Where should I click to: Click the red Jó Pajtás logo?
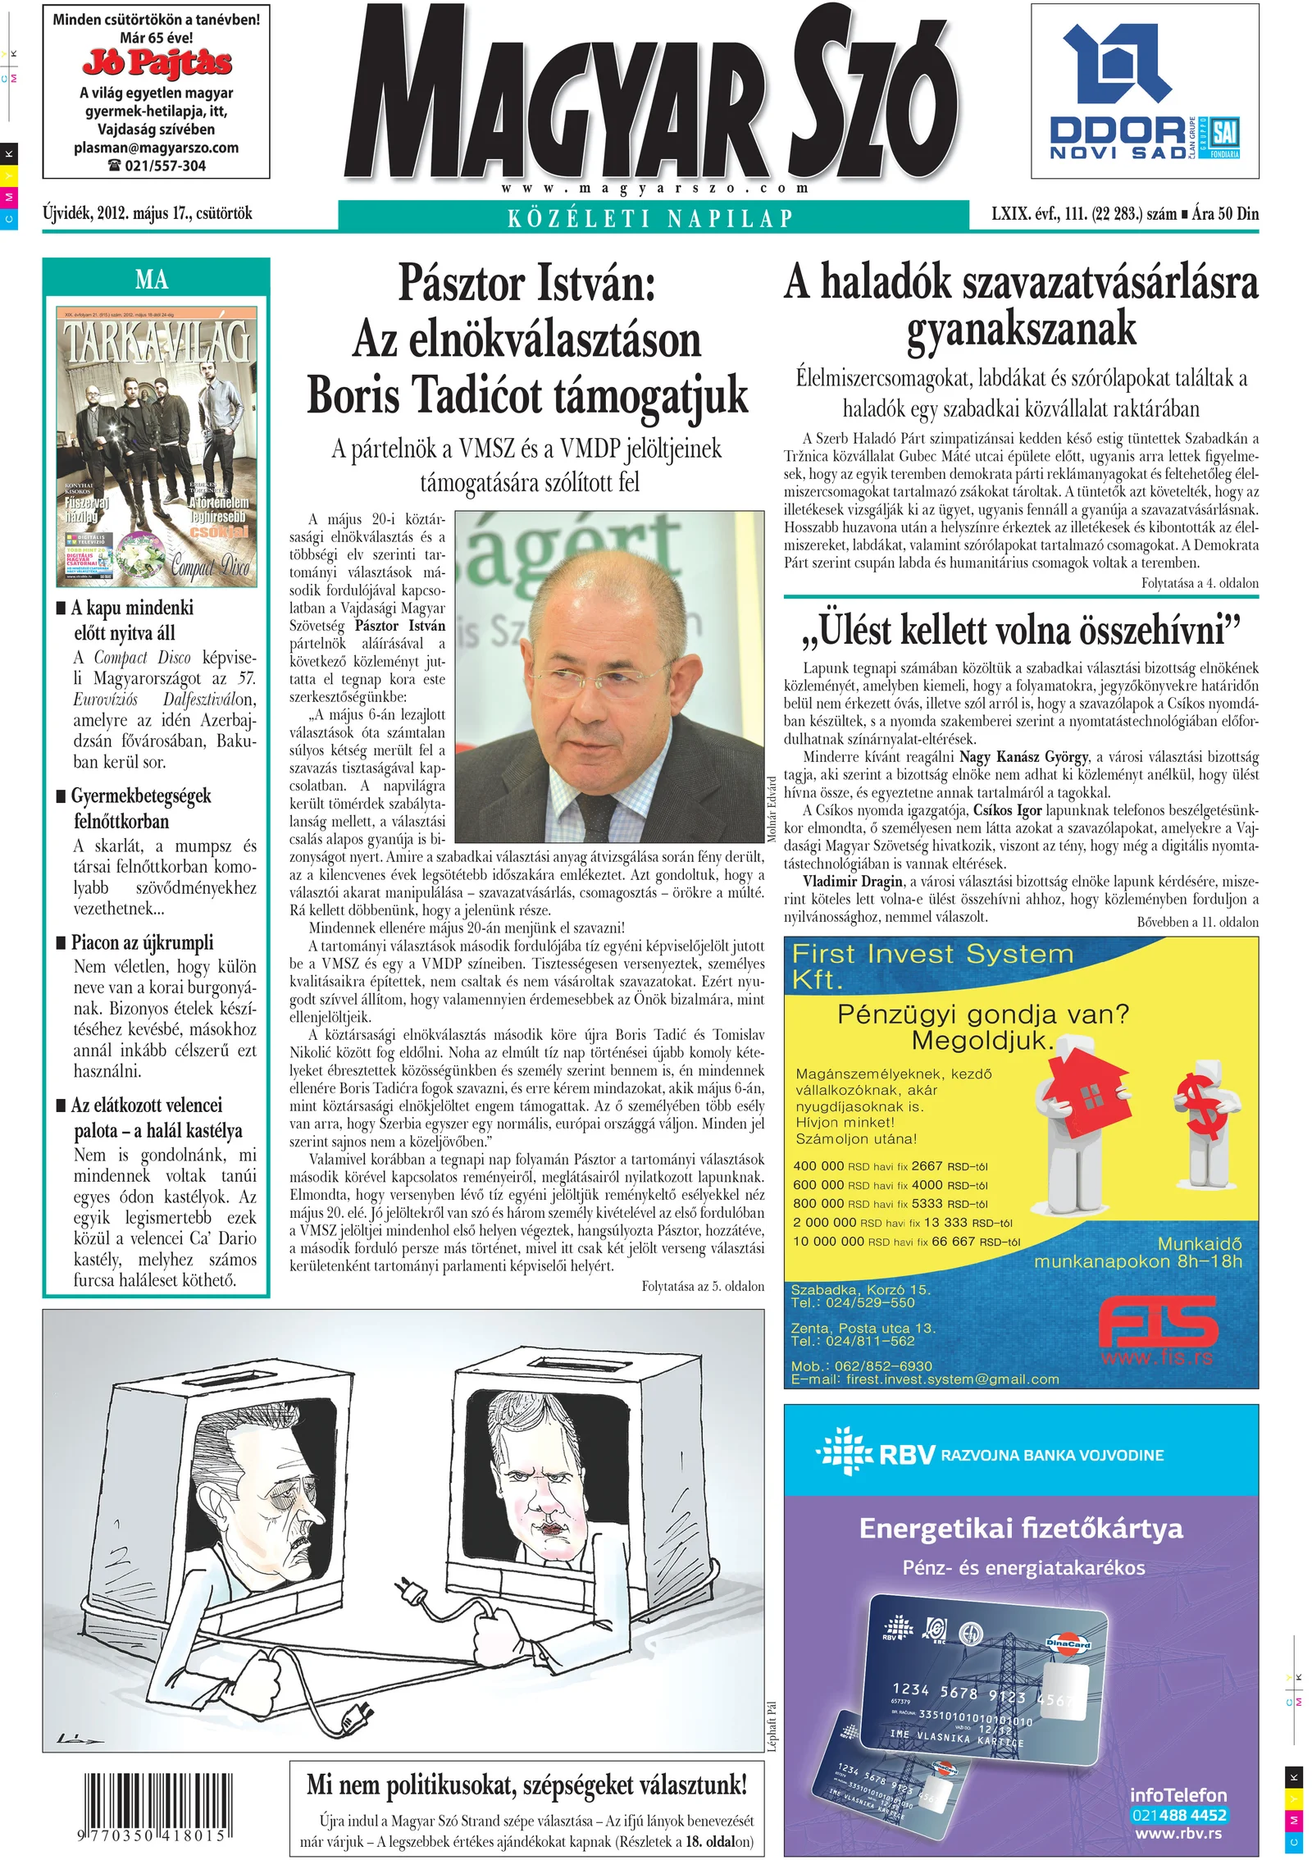point(157,62)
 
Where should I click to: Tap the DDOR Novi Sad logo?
point(1144,92)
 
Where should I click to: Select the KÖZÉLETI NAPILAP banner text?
point(652,218)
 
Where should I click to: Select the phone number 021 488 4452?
point(1178,1815)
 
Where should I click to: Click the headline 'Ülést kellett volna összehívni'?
point(1021,631)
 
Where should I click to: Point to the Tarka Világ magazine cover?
point(157,447)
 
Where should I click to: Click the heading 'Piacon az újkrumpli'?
point(142,942)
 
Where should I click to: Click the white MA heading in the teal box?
point(153,280)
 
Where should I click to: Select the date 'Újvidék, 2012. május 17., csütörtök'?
point(148,214)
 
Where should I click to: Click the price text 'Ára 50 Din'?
point(1225,214)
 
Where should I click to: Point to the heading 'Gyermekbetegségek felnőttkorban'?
point(141,809)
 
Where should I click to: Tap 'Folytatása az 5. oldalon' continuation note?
point(703,1286)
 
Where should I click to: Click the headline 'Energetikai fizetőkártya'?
point(1021,1528)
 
